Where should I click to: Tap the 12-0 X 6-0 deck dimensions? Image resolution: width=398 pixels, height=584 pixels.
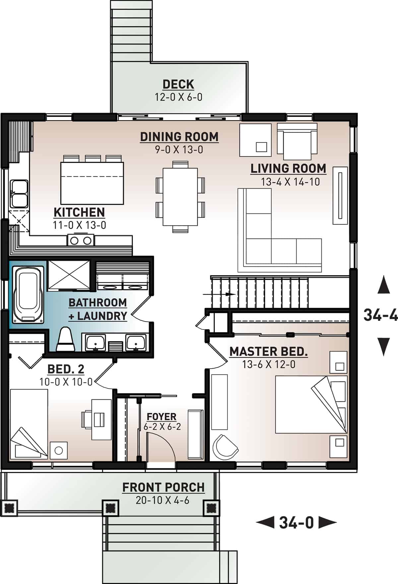coord(178,97)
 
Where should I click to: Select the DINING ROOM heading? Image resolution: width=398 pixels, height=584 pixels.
coord(179,137)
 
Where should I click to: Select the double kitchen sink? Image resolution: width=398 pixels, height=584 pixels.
coord(19,194)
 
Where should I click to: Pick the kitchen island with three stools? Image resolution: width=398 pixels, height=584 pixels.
coord(92,182)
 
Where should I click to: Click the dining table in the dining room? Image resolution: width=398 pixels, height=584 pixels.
coord(180,197)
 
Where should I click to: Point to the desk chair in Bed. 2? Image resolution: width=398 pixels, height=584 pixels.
coord(87,420)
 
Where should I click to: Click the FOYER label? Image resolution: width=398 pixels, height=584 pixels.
coord(162,416)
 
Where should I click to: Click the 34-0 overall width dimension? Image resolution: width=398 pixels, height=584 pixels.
coord(296,523)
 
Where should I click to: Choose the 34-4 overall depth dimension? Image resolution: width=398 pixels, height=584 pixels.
coord(380,315)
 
